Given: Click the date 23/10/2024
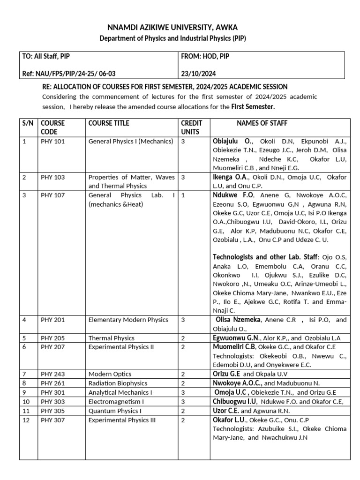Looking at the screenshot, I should click(198, 74).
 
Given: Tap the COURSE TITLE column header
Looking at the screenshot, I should click(109, 123).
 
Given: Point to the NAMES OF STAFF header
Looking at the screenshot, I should click(262, 123).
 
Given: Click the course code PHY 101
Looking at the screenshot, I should click(52, 141).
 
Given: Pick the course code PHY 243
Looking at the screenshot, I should click(52, 374).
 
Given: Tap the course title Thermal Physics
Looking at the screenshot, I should click(112, 338).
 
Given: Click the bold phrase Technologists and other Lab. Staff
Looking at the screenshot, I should click(265, 257).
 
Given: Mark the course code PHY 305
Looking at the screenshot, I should click(52, 411).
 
